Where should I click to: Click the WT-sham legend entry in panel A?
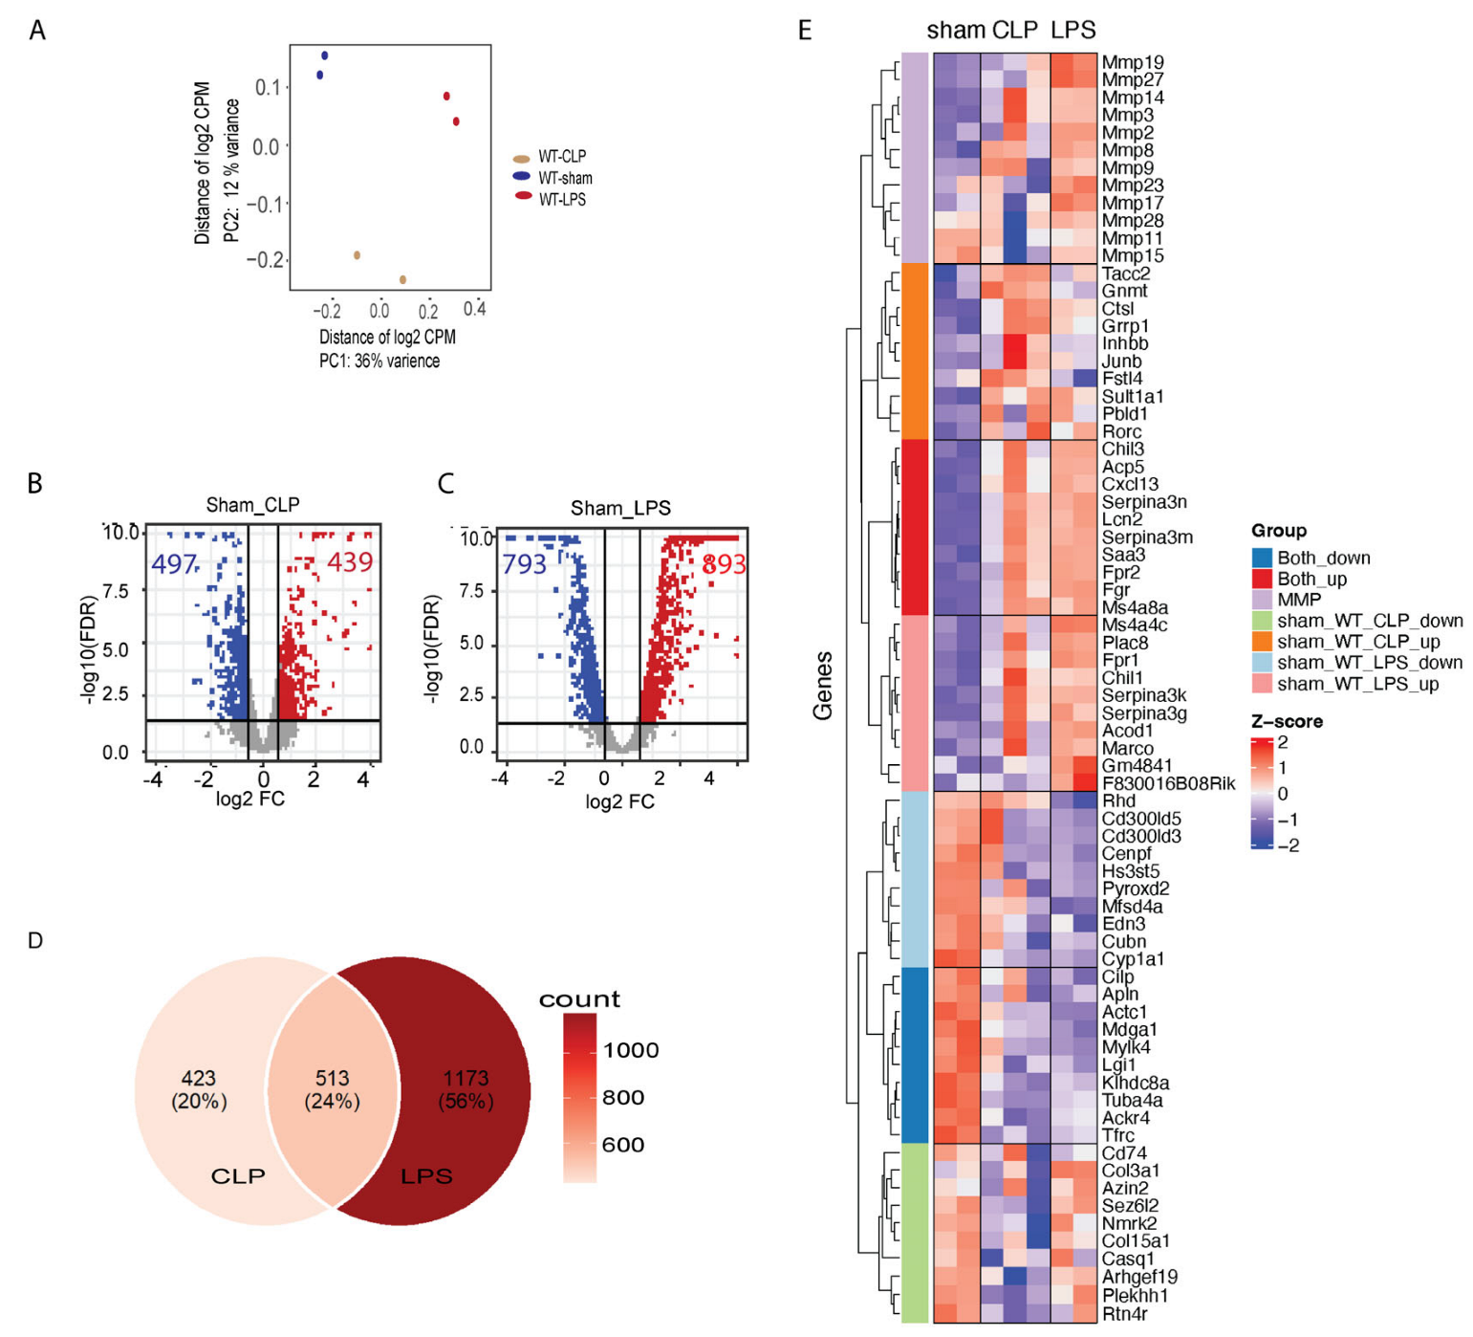click(x=564, y=178)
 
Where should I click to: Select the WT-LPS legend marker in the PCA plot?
click(x=523, y=196)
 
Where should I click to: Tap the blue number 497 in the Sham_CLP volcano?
click(x=174, y=563)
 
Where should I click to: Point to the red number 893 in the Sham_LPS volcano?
click(x=723, y=564)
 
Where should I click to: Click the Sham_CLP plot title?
click(x=253, y=505)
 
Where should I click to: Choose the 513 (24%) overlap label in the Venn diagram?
click(x=332, y=1090)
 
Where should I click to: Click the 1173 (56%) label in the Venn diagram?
click(x=466, y=1090)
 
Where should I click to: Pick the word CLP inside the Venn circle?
click(x=237, y=1175)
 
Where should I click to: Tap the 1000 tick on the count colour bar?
click(x=630, y=1050)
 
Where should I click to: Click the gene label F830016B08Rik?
click(x=1167, y=783)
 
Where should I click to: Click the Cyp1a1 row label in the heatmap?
click(x=1133, y=958)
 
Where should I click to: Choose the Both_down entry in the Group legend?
click(x=1323, y=558)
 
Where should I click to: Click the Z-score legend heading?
click(x=1287, y=721)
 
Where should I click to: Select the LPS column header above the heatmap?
click(x=1072, y=30)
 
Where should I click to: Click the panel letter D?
click(x=35, y=941)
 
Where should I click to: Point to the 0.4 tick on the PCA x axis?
click(x=474, y=310)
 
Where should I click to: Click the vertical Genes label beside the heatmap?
click(x=822, y=685)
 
